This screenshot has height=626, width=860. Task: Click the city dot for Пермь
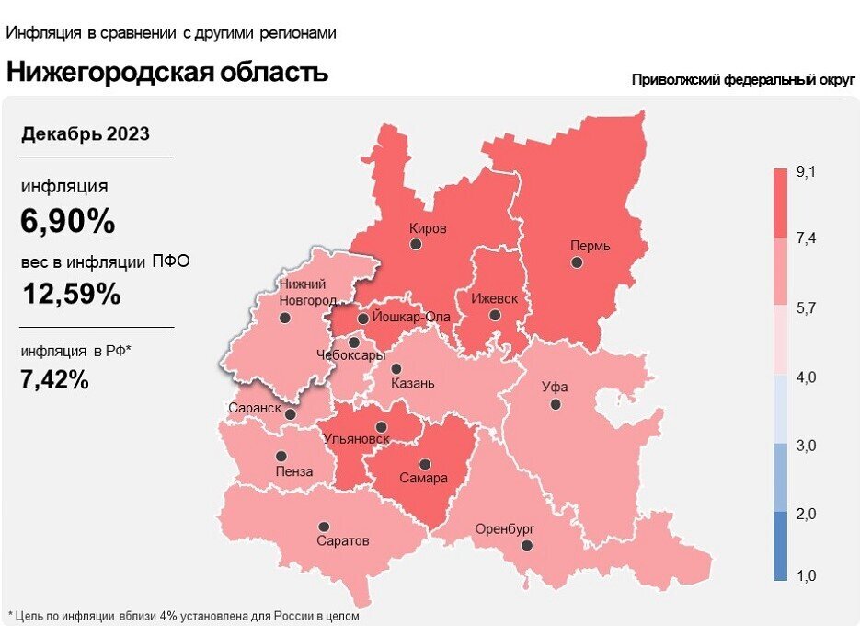tap(576, 262)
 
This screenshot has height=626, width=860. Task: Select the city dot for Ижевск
tap(495, 315)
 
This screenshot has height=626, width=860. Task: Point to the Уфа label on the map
tap(554, 387)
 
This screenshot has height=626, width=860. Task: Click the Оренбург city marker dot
tap(526, 546)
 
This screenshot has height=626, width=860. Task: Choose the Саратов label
tap(342, 541)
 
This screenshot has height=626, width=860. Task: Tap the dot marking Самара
tap(424, 464)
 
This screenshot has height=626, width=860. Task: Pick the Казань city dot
tap(396, 368)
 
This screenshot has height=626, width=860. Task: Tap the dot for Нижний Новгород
tap(284, 318)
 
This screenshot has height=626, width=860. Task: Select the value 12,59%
tap(71, 295)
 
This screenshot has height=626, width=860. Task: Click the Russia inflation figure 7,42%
tap(54, 378)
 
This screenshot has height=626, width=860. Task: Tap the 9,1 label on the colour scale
tap(807, 172)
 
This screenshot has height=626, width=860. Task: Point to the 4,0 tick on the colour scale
tap(807, 377)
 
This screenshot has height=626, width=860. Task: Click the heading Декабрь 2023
tap(86, 134)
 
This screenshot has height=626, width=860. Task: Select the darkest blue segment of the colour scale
tap(779, 547)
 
